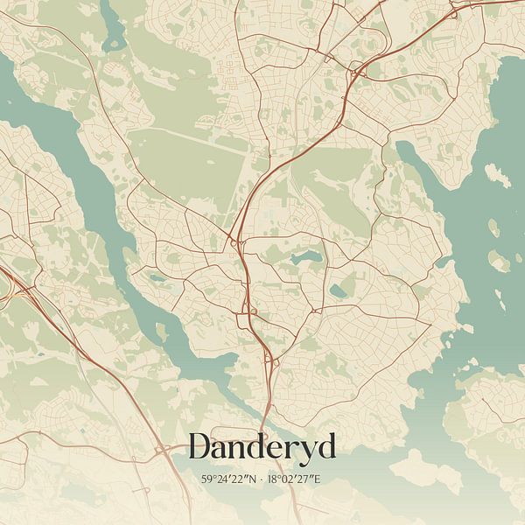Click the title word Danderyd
click(x=262, y=447)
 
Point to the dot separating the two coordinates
click(x=262, y=479)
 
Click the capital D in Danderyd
click(x=200, y=446)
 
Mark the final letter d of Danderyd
click(x=325, y=446)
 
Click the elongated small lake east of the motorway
click(x=306, y=257)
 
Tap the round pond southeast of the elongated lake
click(x=338, y=290)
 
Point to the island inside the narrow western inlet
click(x=161, y=332)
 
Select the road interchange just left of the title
click(x=164, y=451)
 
